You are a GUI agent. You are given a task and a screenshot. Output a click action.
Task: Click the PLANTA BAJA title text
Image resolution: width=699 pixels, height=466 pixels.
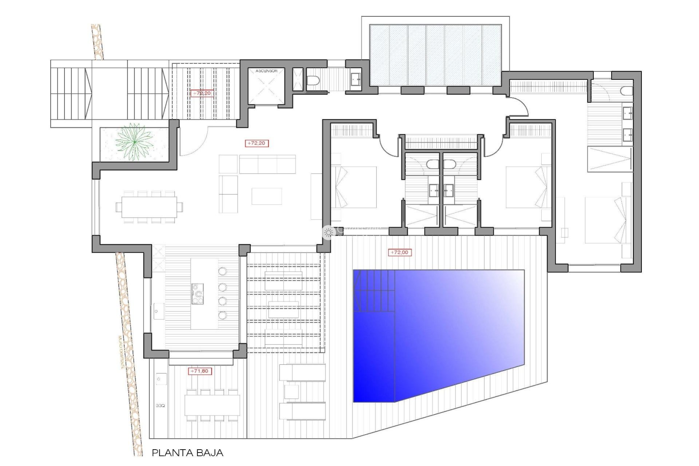[x=187, y=453]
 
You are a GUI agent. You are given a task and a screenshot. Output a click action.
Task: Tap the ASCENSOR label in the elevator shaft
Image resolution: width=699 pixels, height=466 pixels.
[x=266, y=71]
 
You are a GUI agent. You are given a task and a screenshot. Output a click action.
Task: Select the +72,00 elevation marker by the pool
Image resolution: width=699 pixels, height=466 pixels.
[x=399, y=252]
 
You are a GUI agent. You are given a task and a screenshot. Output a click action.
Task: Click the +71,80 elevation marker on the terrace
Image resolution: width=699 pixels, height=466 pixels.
[x=200, y=371]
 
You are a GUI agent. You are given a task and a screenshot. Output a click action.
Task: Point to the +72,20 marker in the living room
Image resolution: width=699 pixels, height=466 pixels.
[x=257, y=143]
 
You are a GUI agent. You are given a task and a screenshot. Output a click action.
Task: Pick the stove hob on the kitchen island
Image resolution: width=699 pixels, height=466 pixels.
[x=198, y=294]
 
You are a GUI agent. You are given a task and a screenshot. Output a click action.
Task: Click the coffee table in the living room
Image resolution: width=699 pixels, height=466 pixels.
[x=266, y=196]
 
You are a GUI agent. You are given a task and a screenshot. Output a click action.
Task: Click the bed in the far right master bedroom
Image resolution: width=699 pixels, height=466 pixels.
[x=604, y=220]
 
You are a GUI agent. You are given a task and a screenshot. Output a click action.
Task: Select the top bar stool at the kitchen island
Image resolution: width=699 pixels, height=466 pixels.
[x=222, y=271]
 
